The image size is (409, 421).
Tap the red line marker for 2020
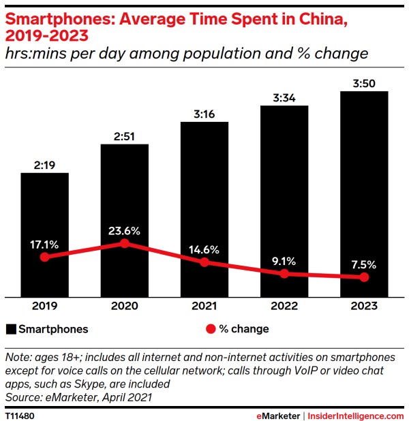(124, 243)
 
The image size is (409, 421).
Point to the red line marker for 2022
(284, 273)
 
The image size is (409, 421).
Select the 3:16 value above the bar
(204, 113)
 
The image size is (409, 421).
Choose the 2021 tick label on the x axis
(204, 307)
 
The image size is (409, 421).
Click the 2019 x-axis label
(44, 307)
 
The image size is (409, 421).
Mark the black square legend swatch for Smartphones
(11, 329)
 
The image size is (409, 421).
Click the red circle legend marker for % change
(210, 329)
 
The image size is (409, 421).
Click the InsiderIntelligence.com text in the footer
(357, 415)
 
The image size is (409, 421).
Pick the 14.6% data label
(204, 249)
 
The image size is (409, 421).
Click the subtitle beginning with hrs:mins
(186, 52)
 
